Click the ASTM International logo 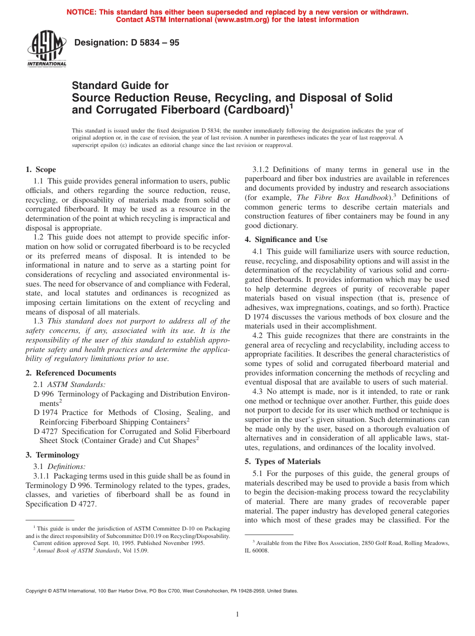click(x=46, y=48)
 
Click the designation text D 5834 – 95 click(x=126, y=43)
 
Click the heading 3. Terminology click(x=52, y=455)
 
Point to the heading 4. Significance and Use click(x=286, y=239)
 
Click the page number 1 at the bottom click(x=237, y=614)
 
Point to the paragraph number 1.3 click(x=38, y=321)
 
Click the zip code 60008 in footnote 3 click(x=260, y=550)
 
